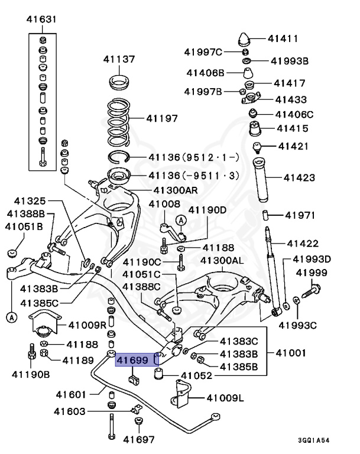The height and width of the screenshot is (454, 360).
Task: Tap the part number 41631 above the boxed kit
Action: [41, 20]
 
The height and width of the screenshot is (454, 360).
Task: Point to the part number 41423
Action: [300, 177]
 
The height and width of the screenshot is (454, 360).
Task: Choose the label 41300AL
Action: [222, 260]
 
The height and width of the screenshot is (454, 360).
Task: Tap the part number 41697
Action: [139, 439]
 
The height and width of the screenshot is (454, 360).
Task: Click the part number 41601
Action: [73, 394]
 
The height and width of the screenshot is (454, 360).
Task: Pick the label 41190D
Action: [207, 210]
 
